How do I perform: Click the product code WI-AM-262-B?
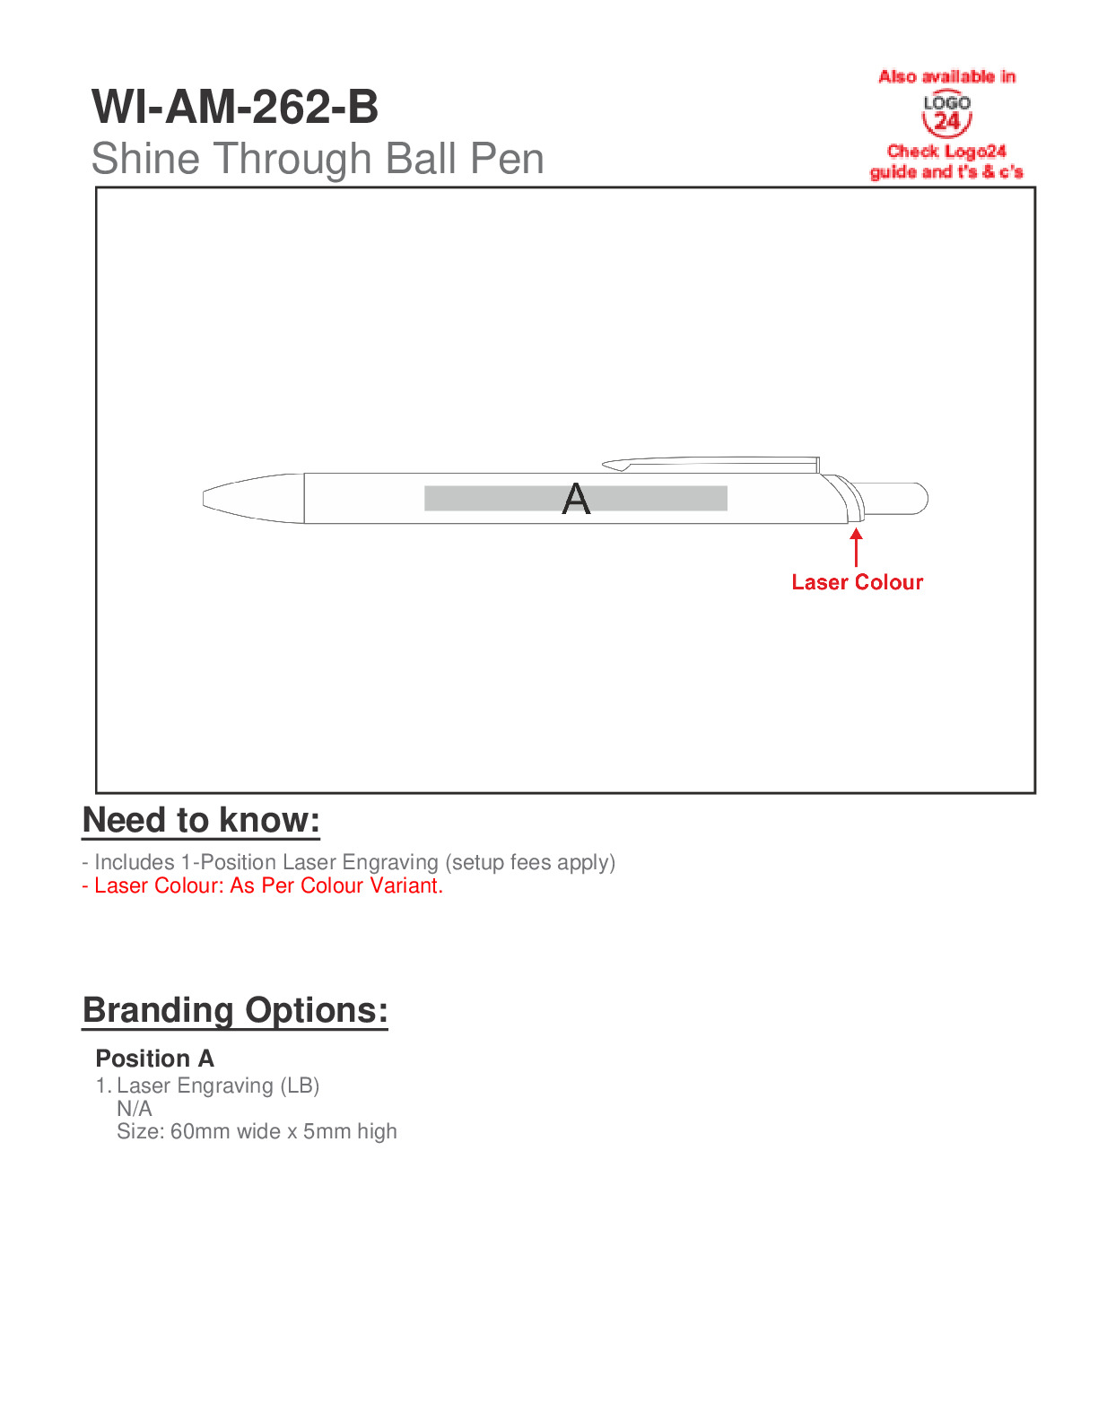click(235, 107)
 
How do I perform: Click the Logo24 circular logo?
click(946, 114)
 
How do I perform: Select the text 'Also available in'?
click(946, 77)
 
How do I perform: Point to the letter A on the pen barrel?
click(576, 499)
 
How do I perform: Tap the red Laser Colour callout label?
click(857, 582)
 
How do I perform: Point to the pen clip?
click(709, 464)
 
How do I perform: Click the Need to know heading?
click(201, 820)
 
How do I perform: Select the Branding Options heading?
click(235, 1010)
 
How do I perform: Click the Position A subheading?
click(154, 1059)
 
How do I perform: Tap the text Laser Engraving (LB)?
click(218, 1085)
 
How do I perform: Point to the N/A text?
click(135, 1109)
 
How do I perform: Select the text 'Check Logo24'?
click(946, 152)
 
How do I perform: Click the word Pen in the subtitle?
click(507, 159)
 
